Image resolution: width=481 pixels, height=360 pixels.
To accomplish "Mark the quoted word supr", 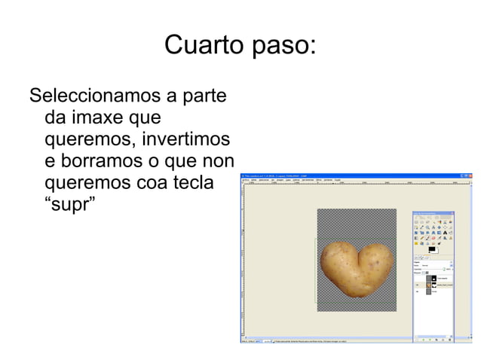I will pyautogui.click(x=70, y=205).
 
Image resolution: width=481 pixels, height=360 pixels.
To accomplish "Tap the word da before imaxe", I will pyautogui.click(x=55, y=118).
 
